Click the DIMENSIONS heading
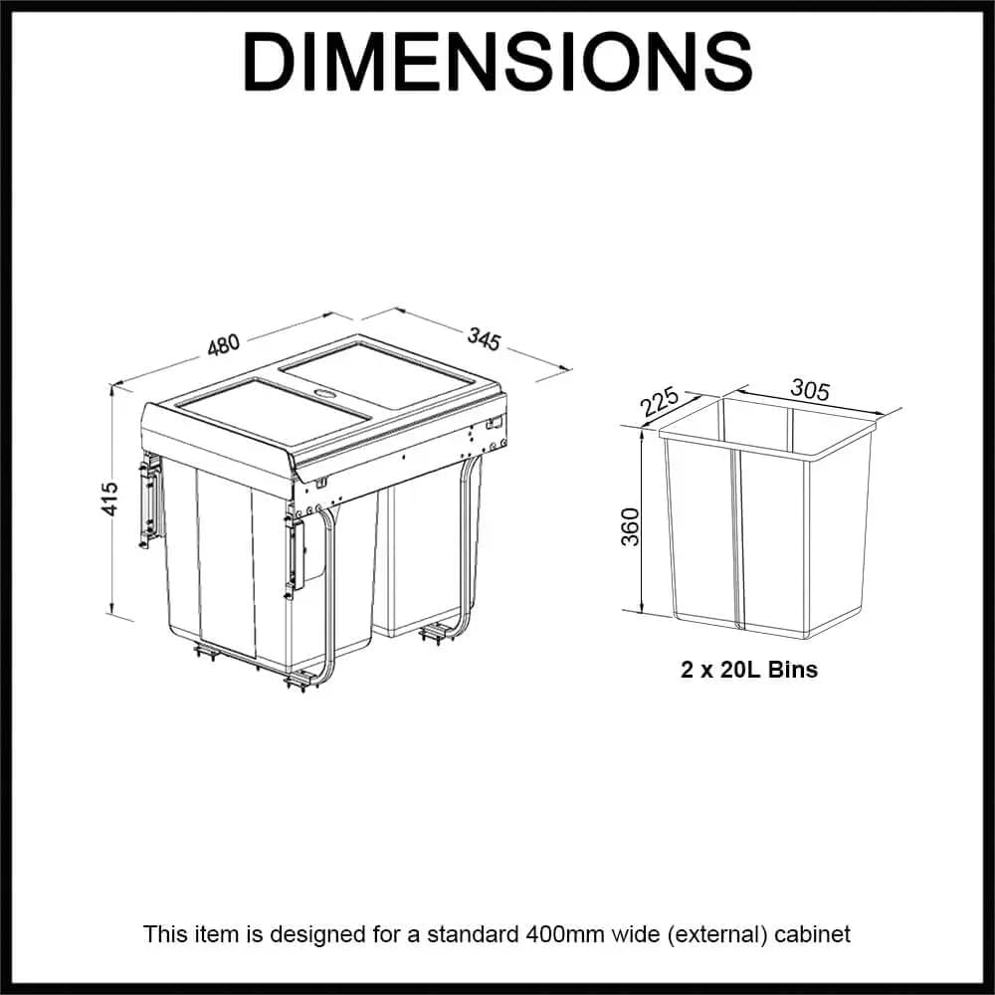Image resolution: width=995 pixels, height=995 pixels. pos(497,62)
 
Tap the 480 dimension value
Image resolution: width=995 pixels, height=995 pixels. pos(223,343)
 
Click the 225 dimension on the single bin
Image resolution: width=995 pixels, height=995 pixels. pos(659,402)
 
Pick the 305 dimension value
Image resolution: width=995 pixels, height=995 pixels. pos(810,389)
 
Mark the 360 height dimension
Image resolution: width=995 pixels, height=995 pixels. pos(630,526)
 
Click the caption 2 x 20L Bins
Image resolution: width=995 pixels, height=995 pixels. pos(749,670)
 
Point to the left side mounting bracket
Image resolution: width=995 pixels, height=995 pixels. pos(151,502)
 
